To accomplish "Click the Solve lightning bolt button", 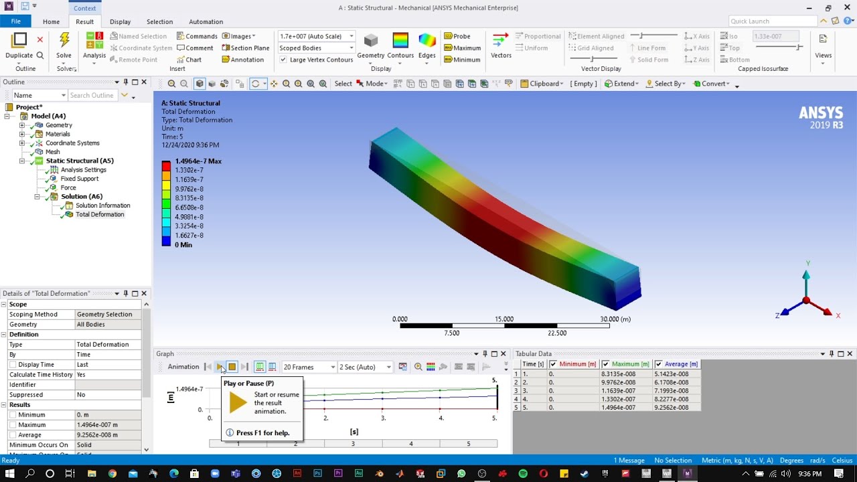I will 64,42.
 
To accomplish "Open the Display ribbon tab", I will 120,21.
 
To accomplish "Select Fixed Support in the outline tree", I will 79,179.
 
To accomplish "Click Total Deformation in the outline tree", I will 99,214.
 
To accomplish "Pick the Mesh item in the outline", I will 52,152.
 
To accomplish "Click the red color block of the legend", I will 166,165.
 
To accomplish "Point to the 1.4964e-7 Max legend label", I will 198,161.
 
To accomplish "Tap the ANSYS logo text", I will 821,112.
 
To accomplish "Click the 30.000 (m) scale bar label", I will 615,319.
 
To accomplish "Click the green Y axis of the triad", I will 806,281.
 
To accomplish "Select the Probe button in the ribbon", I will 461,36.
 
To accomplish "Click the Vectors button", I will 501,46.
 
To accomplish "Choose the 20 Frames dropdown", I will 309,367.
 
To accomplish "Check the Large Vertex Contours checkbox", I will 283,60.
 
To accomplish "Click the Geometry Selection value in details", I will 104,314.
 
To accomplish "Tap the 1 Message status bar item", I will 629,461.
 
